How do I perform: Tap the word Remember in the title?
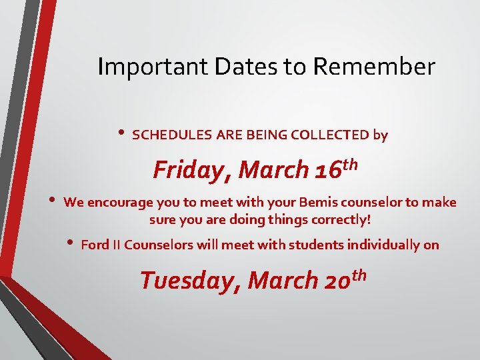[x=373, y=67]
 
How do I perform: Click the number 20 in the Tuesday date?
[x=338, y=281]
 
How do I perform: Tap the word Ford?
[x=94, y=245]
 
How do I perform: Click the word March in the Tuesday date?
[x=283, y=281]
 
